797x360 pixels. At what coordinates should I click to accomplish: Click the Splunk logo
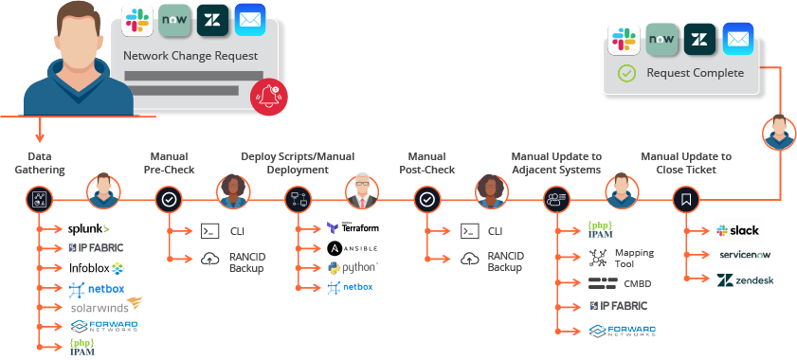88,228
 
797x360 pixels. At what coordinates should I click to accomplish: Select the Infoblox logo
96,267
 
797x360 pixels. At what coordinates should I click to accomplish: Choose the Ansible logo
353,248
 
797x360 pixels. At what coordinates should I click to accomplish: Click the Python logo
353,267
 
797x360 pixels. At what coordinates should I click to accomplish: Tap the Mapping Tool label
633,258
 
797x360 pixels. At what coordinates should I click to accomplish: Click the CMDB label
637,282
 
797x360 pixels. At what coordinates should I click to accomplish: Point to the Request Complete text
695,72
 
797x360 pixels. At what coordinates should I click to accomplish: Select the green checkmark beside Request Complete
625,73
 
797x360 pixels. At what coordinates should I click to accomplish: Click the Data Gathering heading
45,163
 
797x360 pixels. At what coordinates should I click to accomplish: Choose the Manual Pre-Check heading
169,163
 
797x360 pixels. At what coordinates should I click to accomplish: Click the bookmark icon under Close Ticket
685,200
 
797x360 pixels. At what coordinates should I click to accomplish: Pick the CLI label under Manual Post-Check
496,231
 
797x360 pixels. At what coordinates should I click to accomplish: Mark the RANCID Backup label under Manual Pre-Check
245,261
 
